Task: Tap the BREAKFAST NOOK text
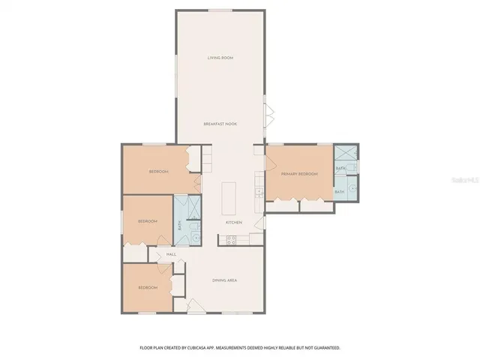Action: pyautogui.click(x=220, y=123)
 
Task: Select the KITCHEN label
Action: pyautogui.click(x=234, y=223)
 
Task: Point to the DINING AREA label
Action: pyautogui.click(x=224, y=280)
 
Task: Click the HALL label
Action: pyautogui.click(x=171, y=254)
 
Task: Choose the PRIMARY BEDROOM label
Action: pyautogui.click(x=299, y=174)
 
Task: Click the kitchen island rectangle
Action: pyautogui.click(x=228, y=197)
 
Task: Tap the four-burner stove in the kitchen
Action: pyautogui.click(x=231, y=240)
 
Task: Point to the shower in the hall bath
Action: pyautogui.click(x=188, y=205)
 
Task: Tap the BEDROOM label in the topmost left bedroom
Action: pyautogui.click(x=158, y=172)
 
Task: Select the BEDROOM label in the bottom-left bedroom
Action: pyautogui.click(x=147, y=287)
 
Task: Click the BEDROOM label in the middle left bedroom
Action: pyautogui.click(x=147, y=221)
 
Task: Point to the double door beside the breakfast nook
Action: pyautogui.click(x=269, y=116)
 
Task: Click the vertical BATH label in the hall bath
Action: pyautogui.click(x=179, y=224)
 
